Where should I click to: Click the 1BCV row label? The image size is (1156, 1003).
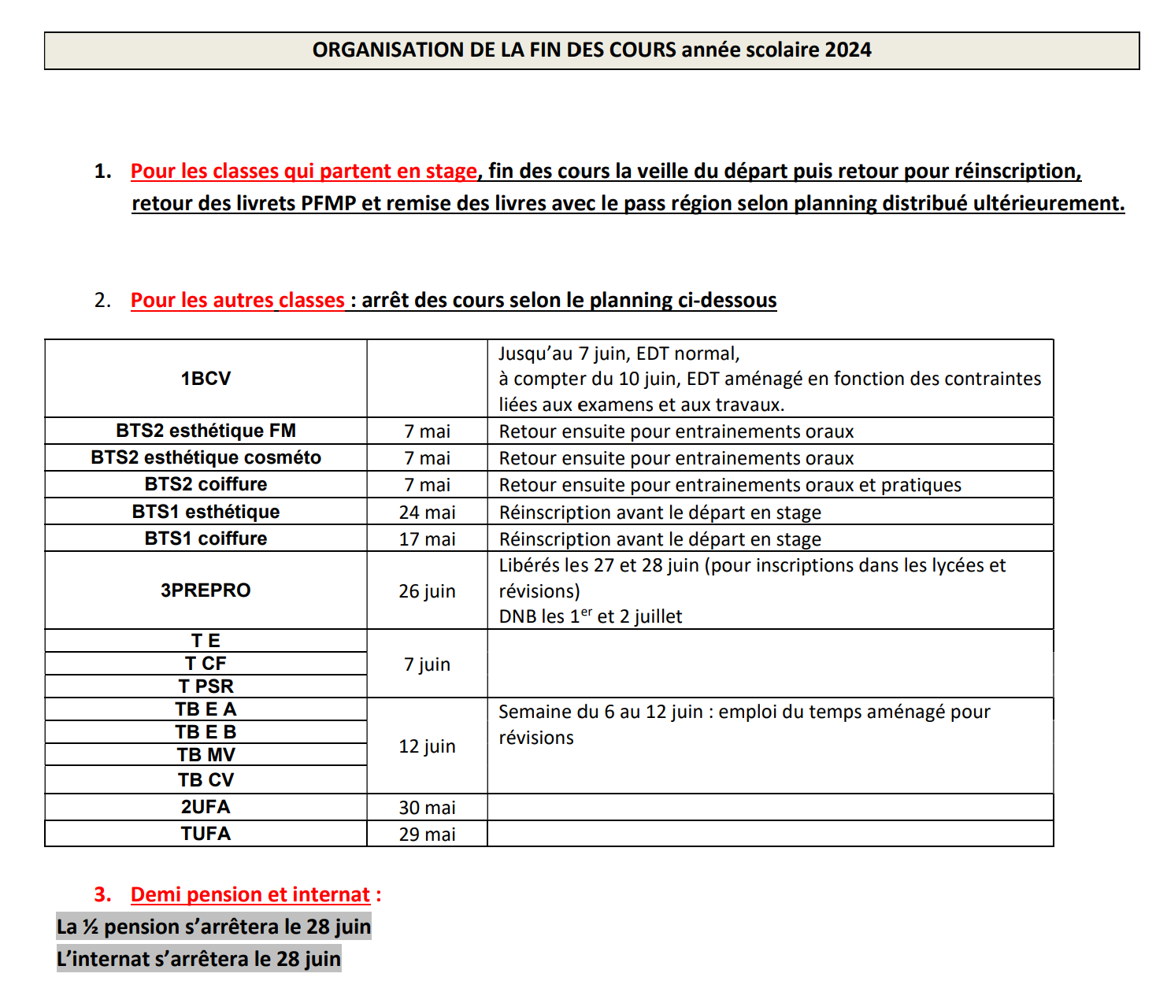click(206, 379)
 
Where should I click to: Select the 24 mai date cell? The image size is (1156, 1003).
click(427, 513)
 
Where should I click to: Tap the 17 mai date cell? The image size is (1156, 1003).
click(427, 539)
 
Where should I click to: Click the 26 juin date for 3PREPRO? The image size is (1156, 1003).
click(427, 591)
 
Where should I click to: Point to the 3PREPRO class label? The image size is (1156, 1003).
click(206, 590)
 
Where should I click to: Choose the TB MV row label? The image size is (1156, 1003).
click(206, 755)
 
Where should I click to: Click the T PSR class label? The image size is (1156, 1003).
click(206, 687)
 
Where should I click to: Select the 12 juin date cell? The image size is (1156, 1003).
click(427, 746)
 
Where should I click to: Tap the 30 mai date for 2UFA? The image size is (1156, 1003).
click(427, 808)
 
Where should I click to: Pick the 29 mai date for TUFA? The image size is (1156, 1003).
click(427, 835)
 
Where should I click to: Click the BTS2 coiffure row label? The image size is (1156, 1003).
click(206, 484)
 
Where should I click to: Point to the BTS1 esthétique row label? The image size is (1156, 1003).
click(206, 512)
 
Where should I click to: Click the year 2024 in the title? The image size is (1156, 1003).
click(848, 50)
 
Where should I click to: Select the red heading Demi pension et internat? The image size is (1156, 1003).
click(250, 895)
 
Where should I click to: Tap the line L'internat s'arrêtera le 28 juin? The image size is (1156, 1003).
click(198, 959)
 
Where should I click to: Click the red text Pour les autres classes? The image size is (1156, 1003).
click(237, 301)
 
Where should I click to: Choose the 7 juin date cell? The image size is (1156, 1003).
click(427, 664)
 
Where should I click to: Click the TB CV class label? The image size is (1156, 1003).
click(206, 780)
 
